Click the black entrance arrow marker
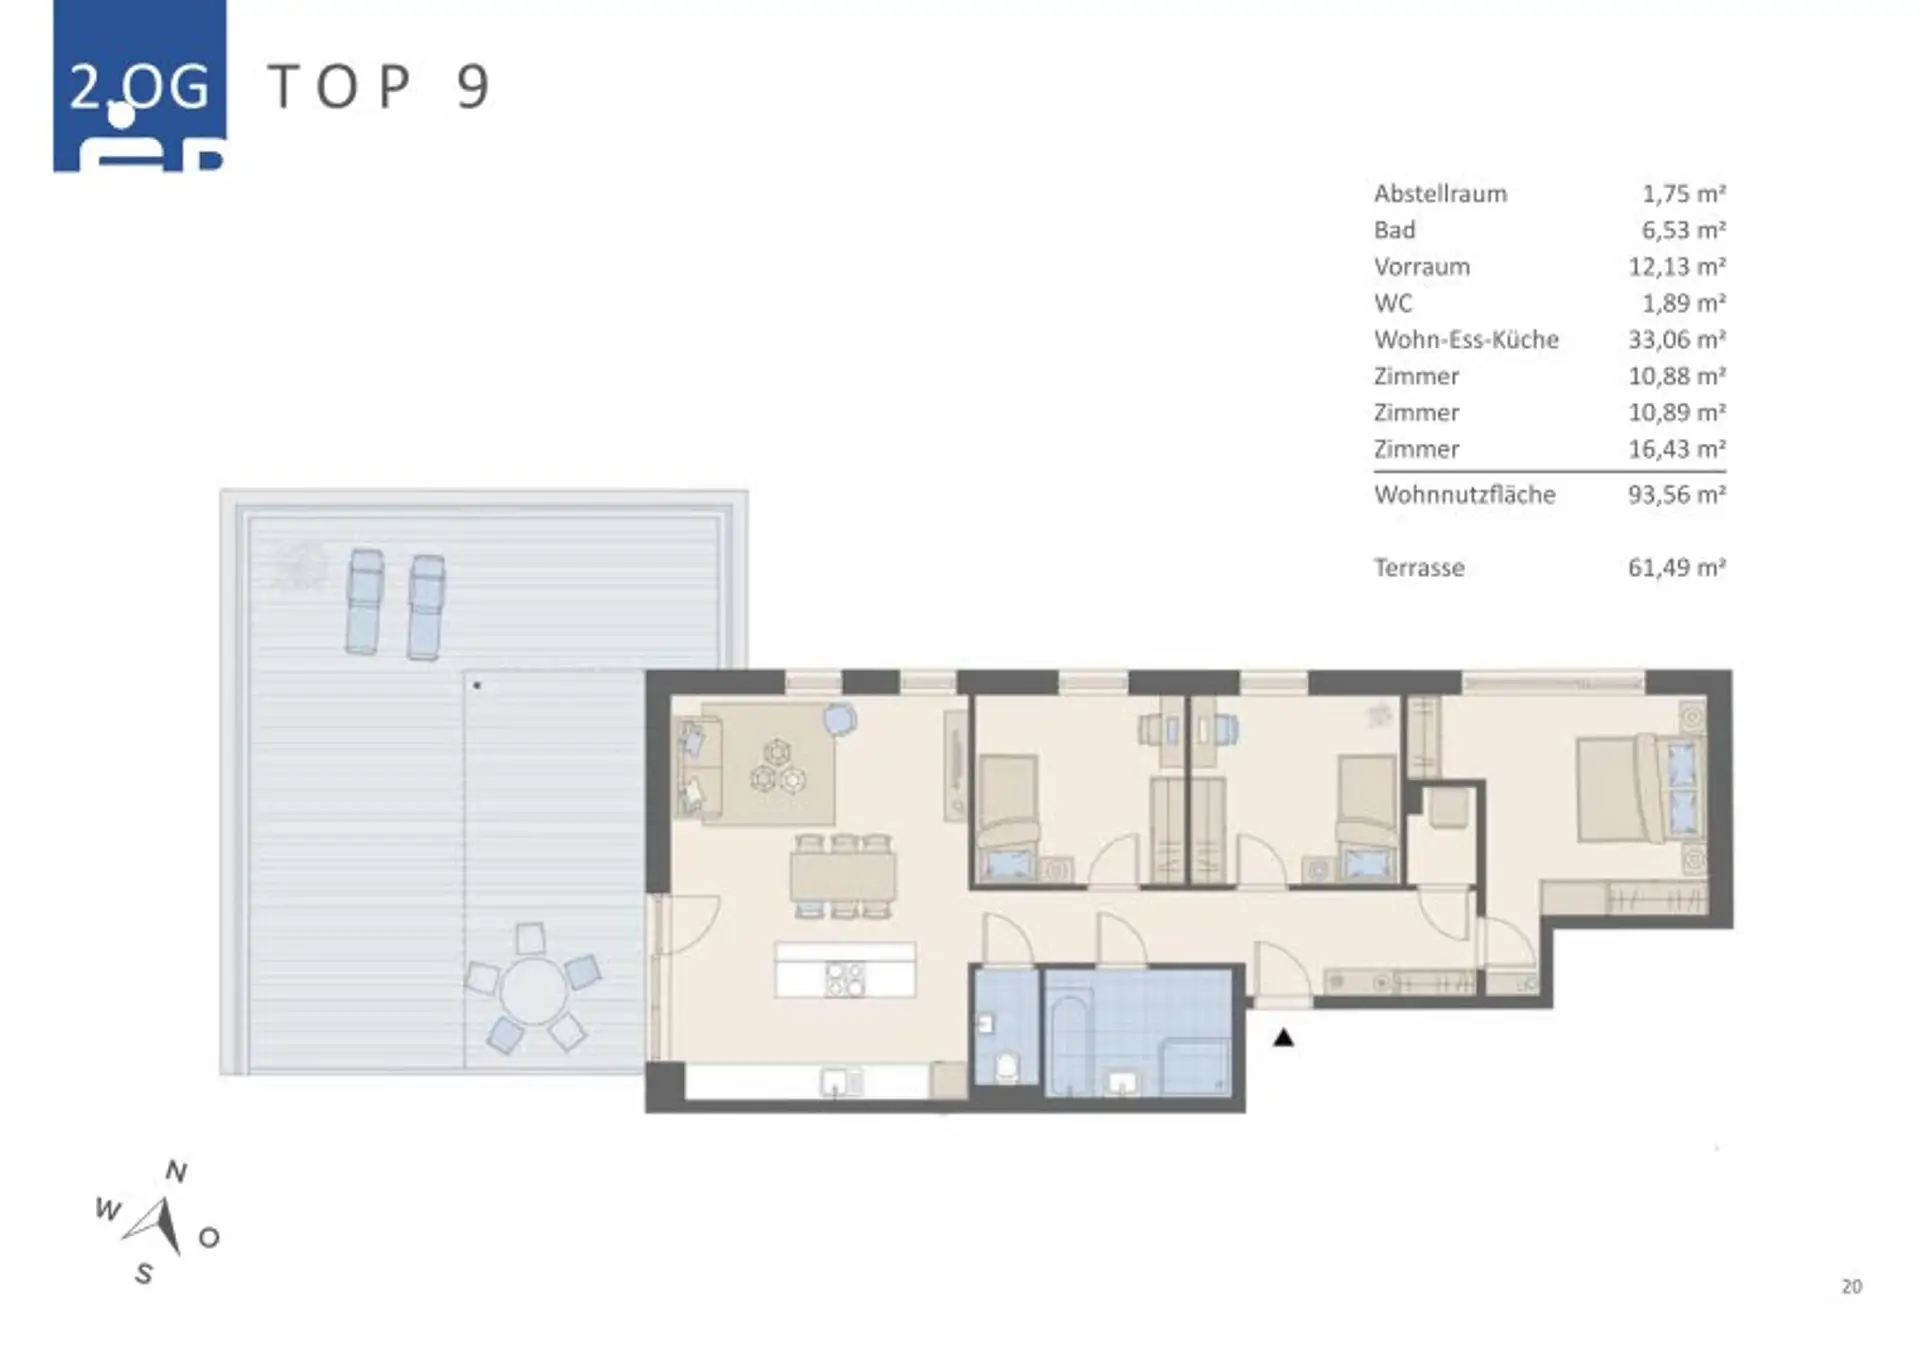[1283, 1038]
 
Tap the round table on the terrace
[533, 991]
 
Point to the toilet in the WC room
[1007, 1067]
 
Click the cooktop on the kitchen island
[845, 980]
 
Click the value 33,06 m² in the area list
[1677, 340]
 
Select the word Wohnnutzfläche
[1464, 495]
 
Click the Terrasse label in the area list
[1419, 568]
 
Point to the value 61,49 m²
[1677, 568]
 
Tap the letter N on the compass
[176, 1171]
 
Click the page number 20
[1852, 1287]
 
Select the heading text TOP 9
[380, 87]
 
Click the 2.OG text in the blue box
[140, 88]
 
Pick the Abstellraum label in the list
[1440, 194]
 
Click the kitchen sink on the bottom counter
[842, 1082]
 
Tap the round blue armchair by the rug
[840, 719]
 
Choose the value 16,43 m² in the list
[1677, 449]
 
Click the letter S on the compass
[144, 1274]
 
